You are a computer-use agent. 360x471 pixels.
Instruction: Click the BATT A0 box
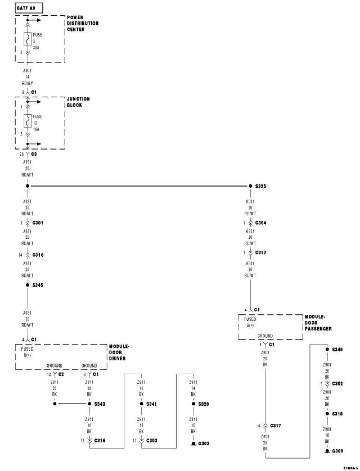[29, 8]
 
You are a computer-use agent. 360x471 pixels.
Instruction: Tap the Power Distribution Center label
[82, 23]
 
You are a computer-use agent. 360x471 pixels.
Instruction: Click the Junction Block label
[78, 102]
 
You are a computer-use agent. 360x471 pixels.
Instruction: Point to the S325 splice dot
[250, 186]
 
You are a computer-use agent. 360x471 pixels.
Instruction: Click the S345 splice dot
[27, 285]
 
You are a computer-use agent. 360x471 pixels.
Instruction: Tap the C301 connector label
[37, 223]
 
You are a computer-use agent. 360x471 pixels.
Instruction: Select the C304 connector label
[261, 223]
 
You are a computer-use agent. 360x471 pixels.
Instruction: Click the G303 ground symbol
[193, 443]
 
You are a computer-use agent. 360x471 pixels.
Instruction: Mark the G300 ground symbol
[327, 451]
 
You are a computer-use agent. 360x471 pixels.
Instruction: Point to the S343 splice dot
[89, 404]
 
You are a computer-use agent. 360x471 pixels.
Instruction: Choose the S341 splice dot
[141, 404]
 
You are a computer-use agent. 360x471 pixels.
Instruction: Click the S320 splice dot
[193, 404]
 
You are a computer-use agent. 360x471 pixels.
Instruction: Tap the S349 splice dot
[327, 349]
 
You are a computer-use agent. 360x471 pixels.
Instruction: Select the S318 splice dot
[327, 414]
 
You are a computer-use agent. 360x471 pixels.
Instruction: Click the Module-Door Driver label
[119, 352]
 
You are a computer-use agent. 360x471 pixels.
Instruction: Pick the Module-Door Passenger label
[318, 323]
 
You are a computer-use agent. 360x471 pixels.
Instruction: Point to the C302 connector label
[337, 384]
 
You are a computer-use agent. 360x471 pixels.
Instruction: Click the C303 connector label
[151, 441]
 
